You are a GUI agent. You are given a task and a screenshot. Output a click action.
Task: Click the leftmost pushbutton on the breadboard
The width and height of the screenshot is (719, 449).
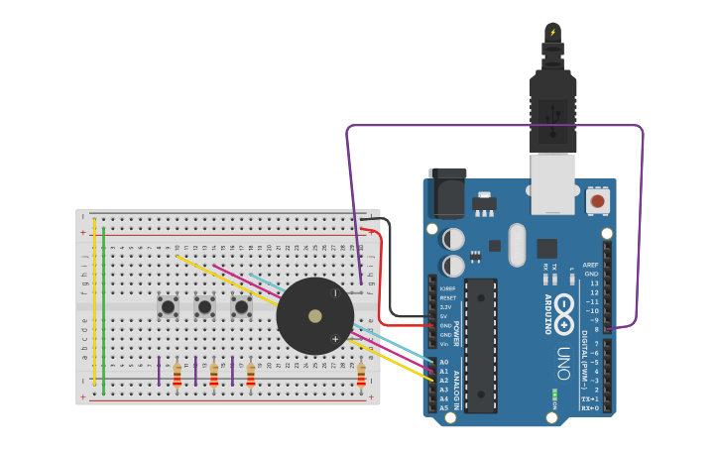[x=168, y=307]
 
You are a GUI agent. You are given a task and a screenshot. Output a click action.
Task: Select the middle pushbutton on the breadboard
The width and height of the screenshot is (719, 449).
[x=204, y=307]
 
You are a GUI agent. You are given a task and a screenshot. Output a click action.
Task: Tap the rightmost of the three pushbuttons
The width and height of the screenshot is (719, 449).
[x=241, y=307]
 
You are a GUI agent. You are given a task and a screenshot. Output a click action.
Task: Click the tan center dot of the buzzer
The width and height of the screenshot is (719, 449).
[x=315, y=316]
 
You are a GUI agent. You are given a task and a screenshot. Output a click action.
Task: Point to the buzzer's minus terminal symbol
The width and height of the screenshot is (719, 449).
[x=334, y=292]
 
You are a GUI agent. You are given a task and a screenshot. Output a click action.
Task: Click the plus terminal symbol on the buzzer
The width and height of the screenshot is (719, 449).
[x=335, y=339]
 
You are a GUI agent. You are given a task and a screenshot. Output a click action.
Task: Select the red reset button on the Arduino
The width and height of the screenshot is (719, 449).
[x=597, y=201]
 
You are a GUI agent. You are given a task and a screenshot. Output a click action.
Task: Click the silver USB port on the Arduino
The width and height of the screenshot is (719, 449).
[x=552, y=183]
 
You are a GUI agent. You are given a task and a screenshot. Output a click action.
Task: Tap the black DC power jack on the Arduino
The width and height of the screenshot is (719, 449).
[x=447, y=193]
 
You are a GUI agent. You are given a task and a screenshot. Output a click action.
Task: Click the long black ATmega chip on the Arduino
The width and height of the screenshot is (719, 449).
[x=480, y=345]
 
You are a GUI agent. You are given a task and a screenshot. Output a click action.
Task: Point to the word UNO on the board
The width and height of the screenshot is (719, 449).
[x=562, y=364]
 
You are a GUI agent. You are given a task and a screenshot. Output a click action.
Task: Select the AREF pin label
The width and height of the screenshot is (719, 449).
[x=591, y=265]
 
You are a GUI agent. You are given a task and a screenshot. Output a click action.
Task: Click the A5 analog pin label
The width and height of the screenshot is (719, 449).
[x=443, y=407]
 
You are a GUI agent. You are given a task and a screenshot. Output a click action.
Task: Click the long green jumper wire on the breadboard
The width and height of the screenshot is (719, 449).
[x=103, y=307]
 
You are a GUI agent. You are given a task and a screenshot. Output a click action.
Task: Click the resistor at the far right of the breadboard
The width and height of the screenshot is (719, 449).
[x=361, y=375]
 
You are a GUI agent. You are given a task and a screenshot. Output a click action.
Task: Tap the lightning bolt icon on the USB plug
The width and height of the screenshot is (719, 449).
[x=552, y=33]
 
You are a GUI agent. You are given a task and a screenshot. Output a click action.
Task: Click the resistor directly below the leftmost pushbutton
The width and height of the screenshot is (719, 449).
[x=178, y=375]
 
